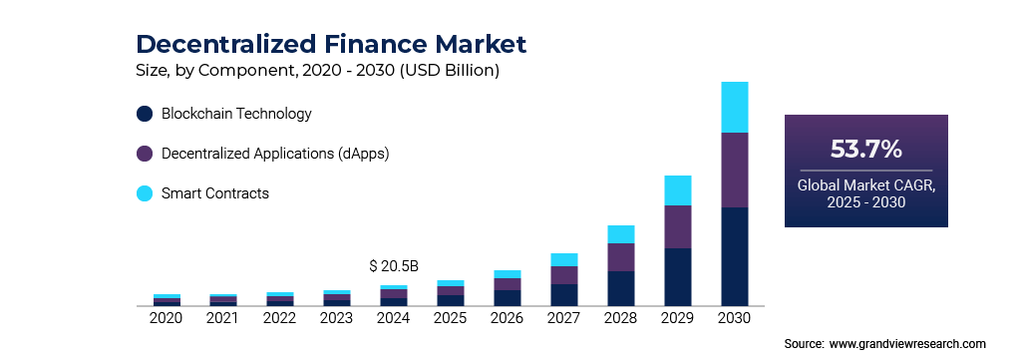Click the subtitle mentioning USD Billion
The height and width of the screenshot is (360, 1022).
tap(317, 71)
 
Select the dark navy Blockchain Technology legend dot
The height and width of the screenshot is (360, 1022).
tap(145, 114)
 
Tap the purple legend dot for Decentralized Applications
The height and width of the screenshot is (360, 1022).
tap(145, 154)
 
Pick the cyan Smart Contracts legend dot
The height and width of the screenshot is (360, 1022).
tap(145, 193)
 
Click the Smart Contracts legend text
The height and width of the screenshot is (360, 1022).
tap(215, 193)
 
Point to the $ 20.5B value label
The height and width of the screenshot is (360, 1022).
tap(393, 266)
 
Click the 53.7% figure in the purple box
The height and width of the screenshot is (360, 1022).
tap(865, 150)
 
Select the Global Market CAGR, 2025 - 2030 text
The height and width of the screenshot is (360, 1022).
tap(865, 194)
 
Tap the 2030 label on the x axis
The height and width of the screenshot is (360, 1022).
tap(734, 318)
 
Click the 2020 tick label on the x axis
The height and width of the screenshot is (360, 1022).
tap(166, 318)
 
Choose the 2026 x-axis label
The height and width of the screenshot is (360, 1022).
tap(507, 318)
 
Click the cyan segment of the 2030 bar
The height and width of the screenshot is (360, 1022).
tap(734, 107)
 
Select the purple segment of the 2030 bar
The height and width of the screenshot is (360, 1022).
tap(734, 170)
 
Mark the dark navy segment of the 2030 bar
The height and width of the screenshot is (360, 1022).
tap(734, 255)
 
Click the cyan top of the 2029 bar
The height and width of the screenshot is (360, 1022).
tap(678, 190)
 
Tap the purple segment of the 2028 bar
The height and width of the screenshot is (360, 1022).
tap(621, 257)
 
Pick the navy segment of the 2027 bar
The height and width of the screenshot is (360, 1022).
tap(564, 294)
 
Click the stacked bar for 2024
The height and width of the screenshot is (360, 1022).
tap(393, 295)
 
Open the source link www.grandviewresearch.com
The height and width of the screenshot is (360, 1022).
tap(907, 343)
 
